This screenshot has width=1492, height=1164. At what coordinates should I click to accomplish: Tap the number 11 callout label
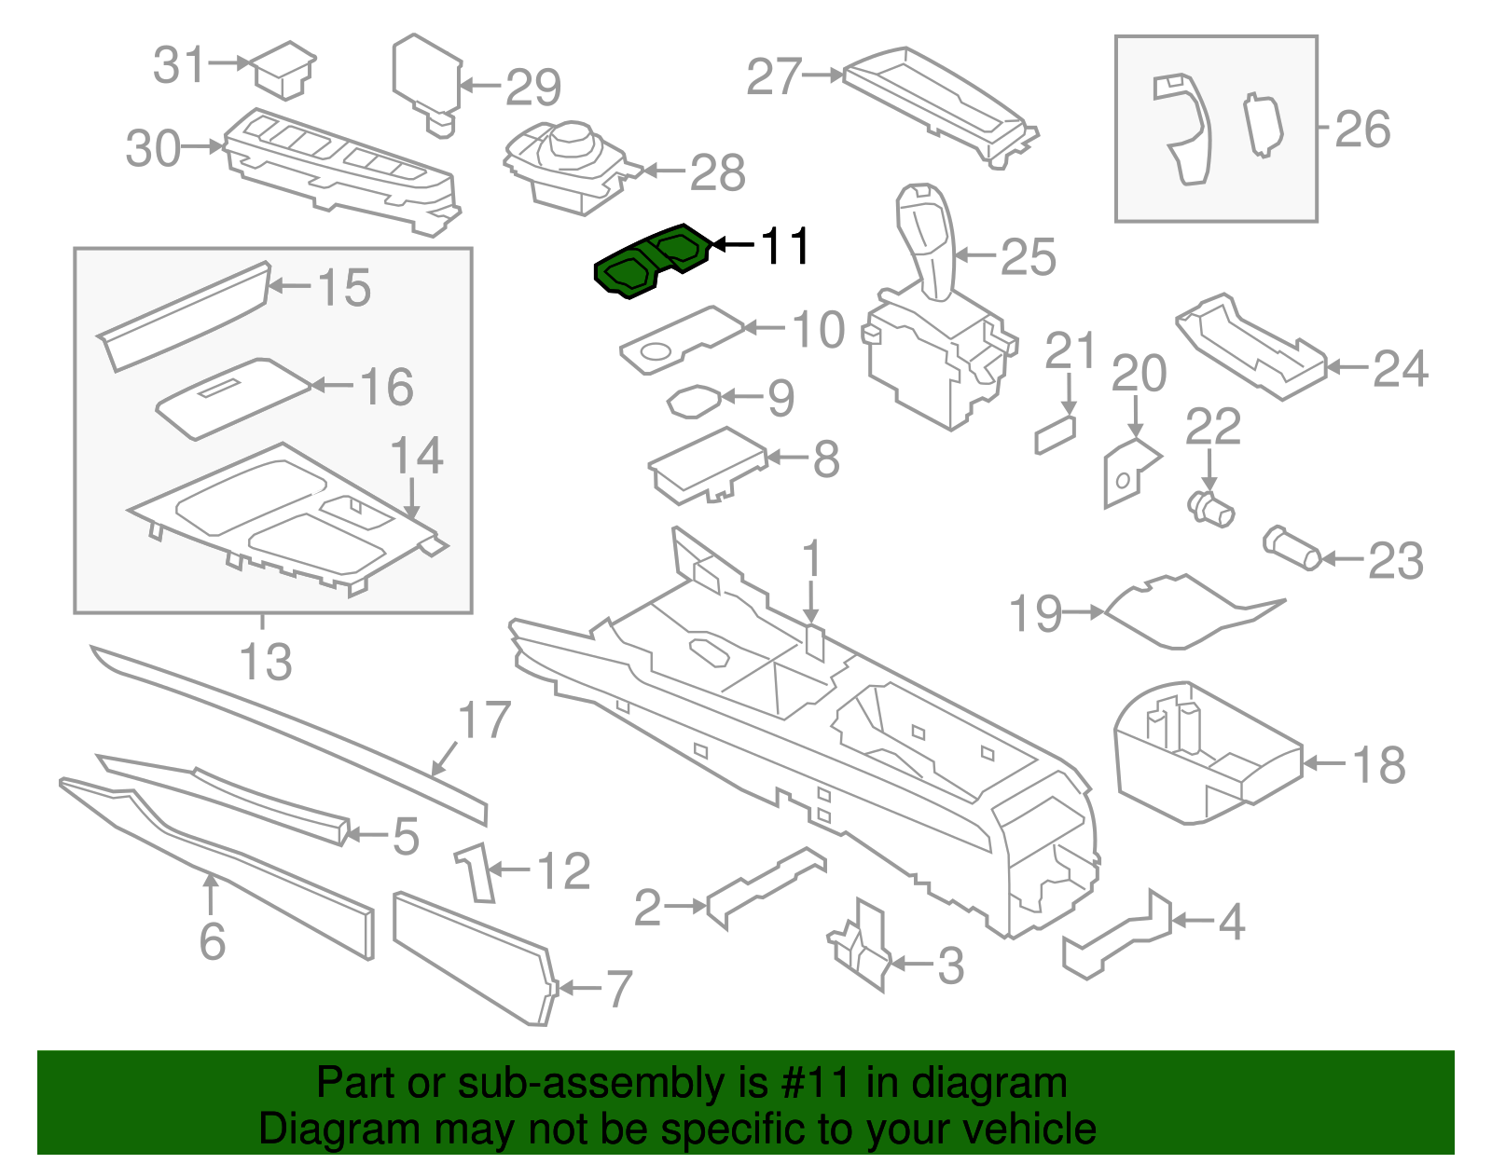point(786,246)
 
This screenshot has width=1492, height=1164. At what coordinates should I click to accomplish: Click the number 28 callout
point(718,172)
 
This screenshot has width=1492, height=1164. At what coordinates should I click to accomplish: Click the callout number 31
point(178,65)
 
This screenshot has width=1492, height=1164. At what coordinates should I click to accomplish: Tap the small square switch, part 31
point(285,68)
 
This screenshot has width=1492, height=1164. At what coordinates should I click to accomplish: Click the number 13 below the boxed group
point(266,662)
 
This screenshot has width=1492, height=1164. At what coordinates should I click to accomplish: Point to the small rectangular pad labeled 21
point(1055,434)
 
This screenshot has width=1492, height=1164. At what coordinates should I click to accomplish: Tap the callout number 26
point(1362,130)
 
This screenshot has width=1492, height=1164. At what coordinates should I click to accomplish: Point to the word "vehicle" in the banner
point(1029,1130)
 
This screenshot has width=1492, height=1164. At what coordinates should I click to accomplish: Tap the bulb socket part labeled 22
point(1211,509)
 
